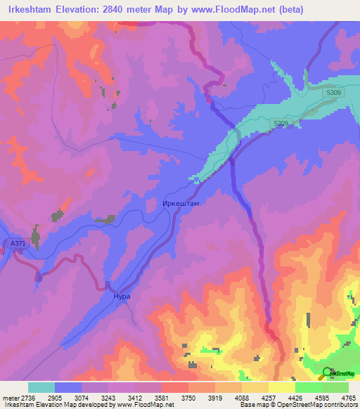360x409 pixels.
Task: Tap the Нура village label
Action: click(x=122, y=297)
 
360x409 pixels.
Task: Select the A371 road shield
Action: click(x=18, y=243)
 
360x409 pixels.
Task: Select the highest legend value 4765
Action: click(x=348, y=398)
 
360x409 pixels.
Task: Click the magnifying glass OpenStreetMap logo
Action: click(x=326, y=373)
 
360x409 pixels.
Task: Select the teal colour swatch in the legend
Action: click(x=41, y=387)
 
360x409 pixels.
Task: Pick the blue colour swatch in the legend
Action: click(x=68, y=387)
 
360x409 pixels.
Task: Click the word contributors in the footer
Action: click(x=340, y=405)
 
